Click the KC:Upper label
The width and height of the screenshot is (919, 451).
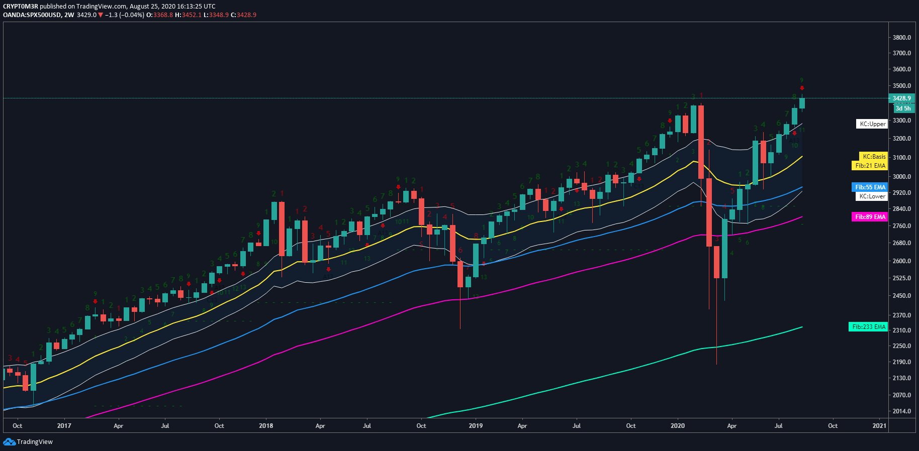click(x=871, y=124)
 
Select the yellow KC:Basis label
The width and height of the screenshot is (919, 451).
click(x=873, y=157)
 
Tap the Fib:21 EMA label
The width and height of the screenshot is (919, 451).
click(x=870, y=166)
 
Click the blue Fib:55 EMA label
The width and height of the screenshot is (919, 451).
click(x=870, y=187)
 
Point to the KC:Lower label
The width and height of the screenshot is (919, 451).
click(x=871, y=196)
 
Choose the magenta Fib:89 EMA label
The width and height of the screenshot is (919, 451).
click(x=870, y=217)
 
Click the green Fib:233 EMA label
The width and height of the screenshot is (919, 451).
click(x=868, y=327)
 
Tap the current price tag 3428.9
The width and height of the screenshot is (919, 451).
click(x=901, y=98)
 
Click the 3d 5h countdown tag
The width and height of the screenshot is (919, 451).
click(x=903, y=108)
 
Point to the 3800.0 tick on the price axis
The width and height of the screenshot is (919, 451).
click(x=902, y=38)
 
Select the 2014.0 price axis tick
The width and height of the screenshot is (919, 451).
click(x=902, y=411)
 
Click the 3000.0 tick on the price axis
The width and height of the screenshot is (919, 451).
click(x=902, y=177)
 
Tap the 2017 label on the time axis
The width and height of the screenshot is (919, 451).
click(x=64, y=426)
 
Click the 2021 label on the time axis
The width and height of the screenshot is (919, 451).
click(x=879, y=426)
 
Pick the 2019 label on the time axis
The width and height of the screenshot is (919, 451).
click(x=475, y=426)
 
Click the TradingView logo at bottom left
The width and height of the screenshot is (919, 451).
click(x=28, y=442)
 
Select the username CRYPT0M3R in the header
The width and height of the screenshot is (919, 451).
click(x=20, y=7)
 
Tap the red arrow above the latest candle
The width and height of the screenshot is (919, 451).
click(x=802, y=88)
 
